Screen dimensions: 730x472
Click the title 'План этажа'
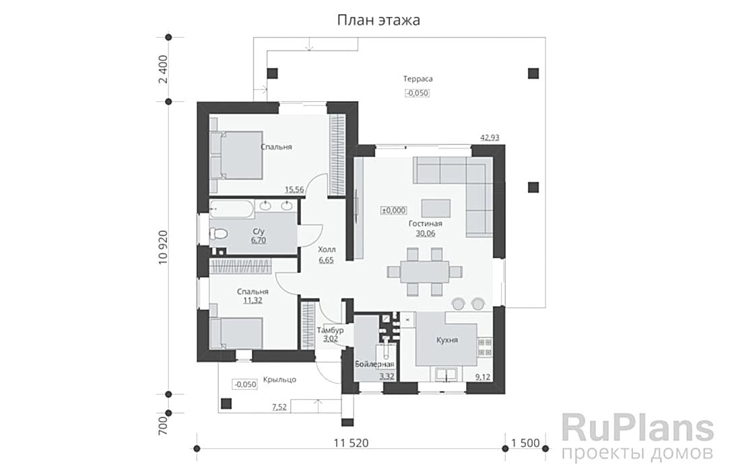[378, 20]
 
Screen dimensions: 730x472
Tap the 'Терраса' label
[418, 79]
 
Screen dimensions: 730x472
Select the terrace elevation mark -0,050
[417, 93]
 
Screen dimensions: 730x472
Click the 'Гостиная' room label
[426, 224]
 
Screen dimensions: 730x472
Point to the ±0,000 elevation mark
[394, 210]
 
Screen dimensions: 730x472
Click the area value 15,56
[294, 189]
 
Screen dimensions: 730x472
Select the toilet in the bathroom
[218, 233]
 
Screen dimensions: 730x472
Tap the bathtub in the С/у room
[232, 209]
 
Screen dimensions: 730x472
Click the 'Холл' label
[327, 249]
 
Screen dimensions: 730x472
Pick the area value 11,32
[253, 301]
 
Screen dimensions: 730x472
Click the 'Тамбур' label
[330, 330]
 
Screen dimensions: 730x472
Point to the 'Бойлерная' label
[374, 364]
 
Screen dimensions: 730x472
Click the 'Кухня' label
[447, 340]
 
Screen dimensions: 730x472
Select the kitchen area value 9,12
[483, 377]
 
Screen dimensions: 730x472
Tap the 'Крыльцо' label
[279, 380]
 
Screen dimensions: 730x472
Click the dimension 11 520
[351, 442]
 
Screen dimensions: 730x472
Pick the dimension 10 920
[162, 247]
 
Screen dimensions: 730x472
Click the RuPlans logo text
[637, 429]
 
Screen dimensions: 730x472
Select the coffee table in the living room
[436, 208]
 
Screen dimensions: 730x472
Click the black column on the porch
[226, 403]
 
